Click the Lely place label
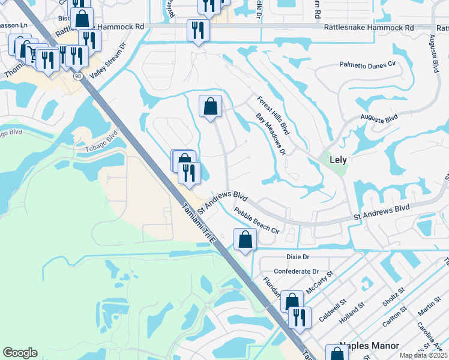coord(339,160)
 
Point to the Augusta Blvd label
coord(379,118)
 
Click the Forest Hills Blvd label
coord(273,115)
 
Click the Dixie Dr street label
coord(297,257)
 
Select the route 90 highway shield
coord(78,76)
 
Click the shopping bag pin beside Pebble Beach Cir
coord(245,240)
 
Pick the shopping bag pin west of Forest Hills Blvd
coord(210,107)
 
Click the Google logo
coord(20,352)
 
